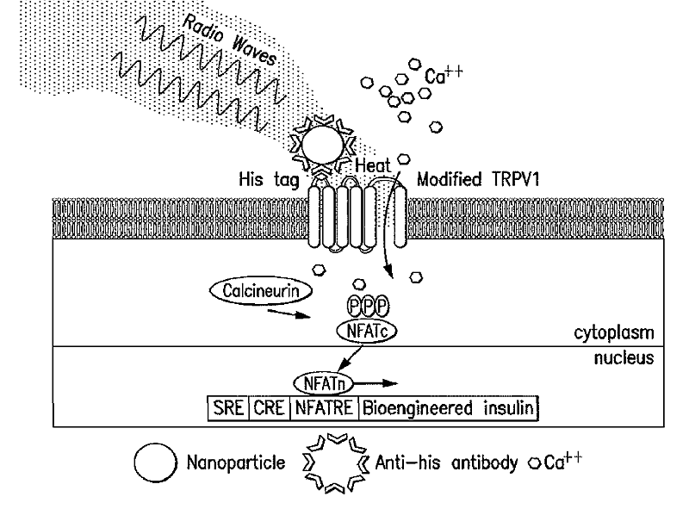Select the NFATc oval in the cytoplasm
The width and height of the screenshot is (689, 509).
point(362,328)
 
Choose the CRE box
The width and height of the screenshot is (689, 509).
point(269,407)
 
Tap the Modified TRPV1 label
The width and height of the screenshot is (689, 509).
point(470,183)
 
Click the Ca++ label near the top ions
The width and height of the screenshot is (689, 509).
point(443,76)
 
